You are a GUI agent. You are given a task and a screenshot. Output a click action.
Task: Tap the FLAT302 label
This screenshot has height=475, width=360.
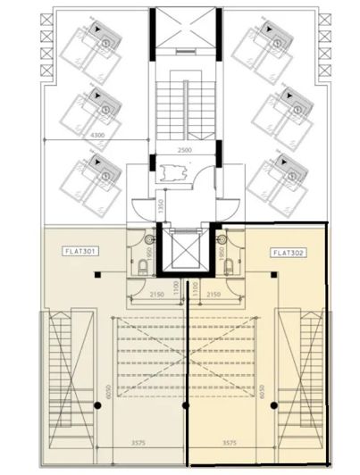tap(286, 253)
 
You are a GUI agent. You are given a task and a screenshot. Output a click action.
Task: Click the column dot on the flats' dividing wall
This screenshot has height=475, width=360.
tap(185, 405)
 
